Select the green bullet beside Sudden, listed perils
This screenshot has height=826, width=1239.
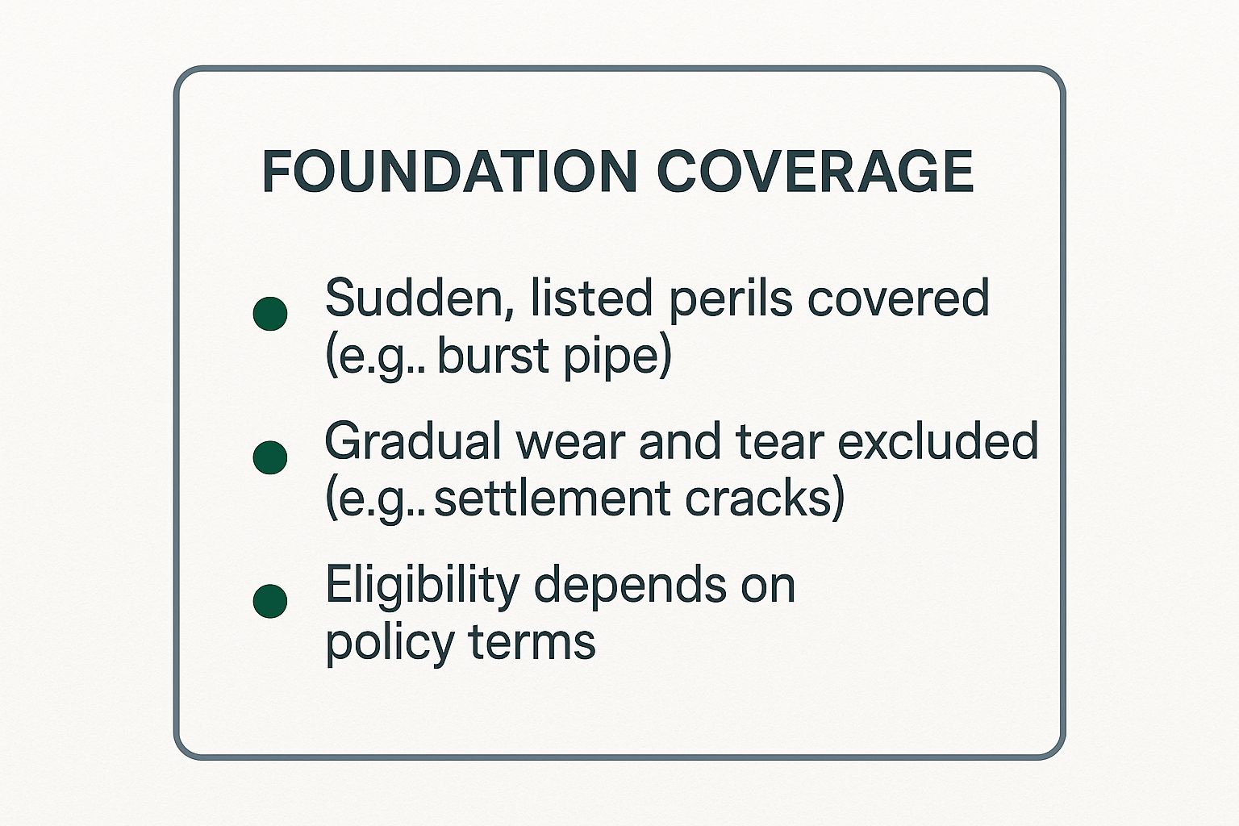tap(270, 314)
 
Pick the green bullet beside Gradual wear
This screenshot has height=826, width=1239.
tap(270, 457)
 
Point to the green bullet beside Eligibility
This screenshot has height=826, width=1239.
tap(270, 601)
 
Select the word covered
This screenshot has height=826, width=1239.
tap(898, 299)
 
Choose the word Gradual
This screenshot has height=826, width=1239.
tap(413, 442)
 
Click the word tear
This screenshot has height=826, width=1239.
tap(780, 443)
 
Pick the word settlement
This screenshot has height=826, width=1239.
tap(553, 499)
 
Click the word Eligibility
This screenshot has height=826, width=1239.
tap(422, 586)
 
